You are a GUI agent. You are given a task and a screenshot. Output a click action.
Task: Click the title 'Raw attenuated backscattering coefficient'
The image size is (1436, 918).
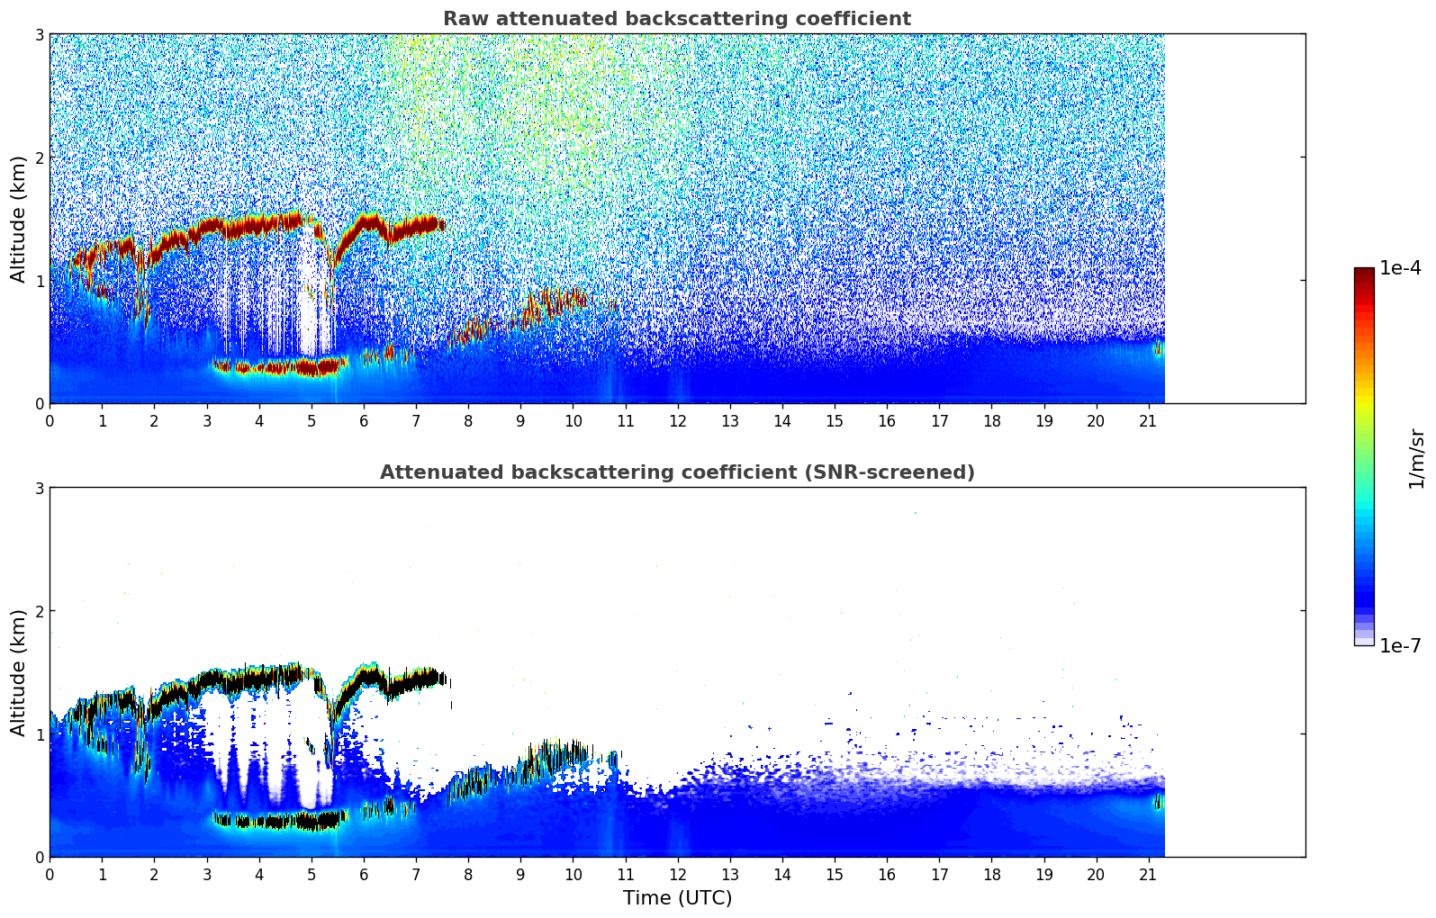677,19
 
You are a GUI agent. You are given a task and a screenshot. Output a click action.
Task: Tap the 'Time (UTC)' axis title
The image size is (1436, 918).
677,898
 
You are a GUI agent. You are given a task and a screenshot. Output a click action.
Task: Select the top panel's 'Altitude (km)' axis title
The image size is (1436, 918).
18,219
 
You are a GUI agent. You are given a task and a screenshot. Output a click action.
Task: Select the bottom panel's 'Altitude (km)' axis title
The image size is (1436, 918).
18,672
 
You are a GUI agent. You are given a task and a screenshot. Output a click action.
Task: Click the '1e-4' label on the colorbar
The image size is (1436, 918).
1400,268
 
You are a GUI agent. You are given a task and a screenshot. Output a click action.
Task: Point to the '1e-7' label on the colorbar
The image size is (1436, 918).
1400,645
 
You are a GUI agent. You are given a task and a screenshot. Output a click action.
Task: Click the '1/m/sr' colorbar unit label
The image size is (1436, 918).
1417,459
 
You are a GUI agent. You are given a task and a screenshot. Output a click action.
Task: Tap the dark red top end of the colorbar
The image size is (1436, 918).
1364,272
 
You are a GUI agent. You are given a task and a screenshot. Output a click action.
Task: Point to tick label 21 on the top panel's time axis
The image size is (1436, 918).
1148,420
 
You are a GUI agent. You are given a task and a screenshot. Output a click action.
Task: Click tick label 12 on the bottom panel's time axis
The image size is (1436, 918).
677,874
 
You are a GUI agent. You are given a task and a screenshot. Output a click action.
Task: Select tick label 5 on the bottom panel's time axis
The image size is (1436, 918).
312,874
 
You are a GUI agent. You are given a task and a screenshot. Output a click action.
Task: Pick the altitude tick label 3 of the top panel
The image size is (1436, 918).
40,34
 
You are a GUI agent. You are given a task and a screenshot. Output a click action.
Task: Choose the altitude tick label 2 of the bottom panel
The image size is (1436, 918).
40,611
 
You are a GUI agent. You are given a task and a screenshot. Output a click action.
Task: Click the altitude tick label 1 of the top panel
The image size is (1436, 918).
40,281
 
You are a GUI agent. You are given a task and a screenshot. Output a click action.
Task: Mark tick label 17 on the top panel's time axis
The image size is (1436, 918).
939,420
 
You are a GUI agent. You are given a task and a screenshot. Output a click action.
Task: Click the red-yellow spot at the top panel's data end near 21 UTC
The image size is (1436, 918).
1160,349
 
